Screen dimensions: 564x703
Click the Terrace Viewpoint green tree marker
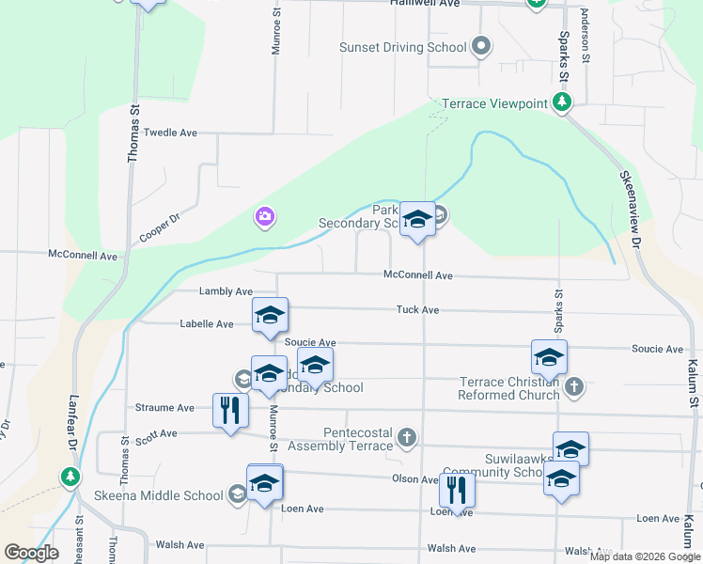tap(562, 102)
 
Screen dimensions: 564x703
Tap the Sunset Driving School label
tap(402, 47)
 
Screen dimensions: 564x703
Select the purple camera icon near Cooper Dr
tap(265, 218)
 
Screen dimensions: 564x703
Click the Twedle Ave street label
tap(170, 133)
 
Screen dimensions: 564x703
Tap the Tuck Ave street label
tap(417, 309)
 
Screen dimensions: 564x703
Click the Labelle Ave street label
tap(207, 324)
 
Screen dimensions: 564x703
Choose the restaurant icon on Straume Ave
tap(230, 409)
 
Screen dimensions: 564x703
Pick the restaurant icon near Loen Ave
tap(456, 490)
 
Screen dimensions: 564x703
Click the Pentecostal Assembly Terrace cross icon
tap(406, 438)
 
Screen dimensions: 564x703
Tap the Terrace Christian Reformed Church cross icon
tap(574, 385)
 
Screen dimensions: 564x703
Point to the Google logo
tap(32, 553)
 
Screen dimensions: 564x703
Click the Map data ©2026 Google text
tap(644, 556)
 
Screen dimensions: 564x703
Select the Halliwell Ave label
tap(425, 4)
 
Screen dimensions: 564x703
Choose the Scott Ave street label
tap(156, 434)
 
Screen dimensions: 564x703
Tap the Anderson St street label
tap(585, 36)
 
